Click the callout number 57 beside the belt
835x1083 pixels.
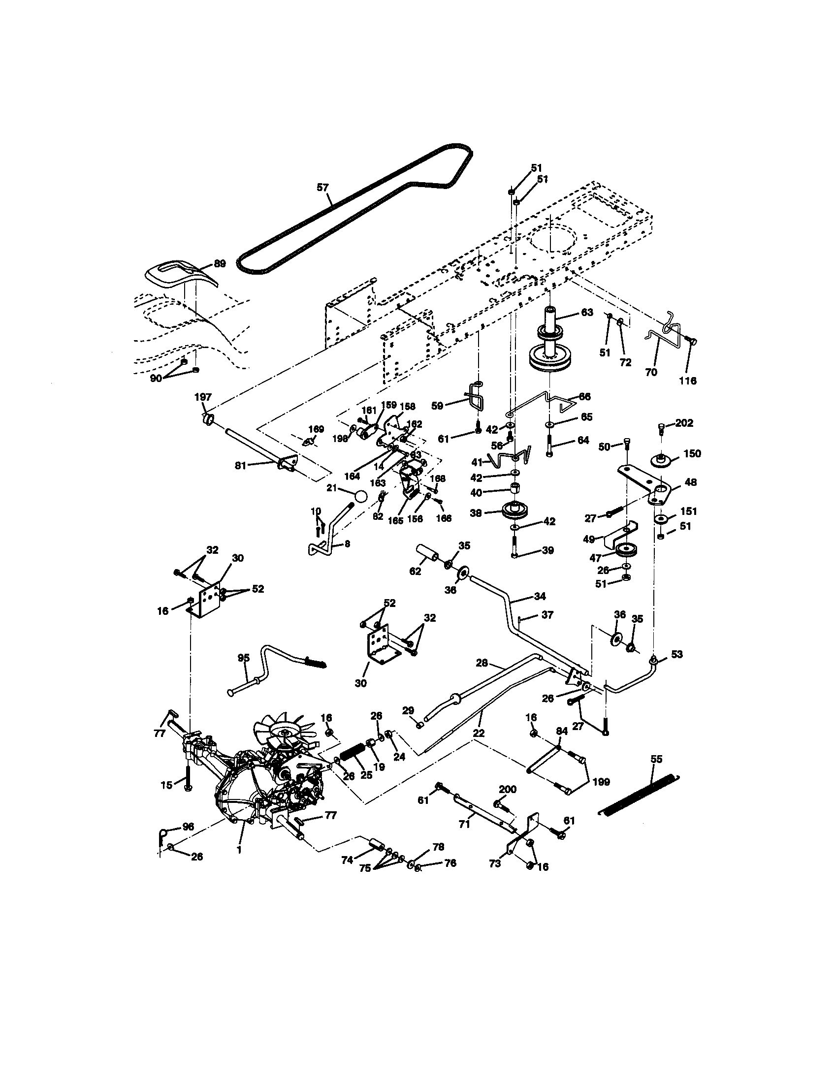pos(322,187)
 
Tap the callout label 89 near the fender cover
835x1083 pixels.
pos(219,263)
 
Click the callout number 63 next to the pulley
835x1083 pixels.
pos(586,313)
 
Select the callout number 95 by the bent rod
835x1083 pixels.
pos(243,658)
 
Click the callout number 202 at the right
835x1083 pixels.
pos(684,423)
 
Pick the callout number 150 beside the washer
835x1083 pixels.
pos(692,454)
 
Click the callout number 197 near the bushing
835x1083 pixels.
pos(203,397)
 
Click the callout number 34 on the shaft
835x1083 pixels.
pos(540,596)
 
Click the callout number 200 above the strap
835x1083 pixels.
pos(507,789)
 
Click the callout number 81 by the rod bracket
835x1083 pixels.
pos(240,465)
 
